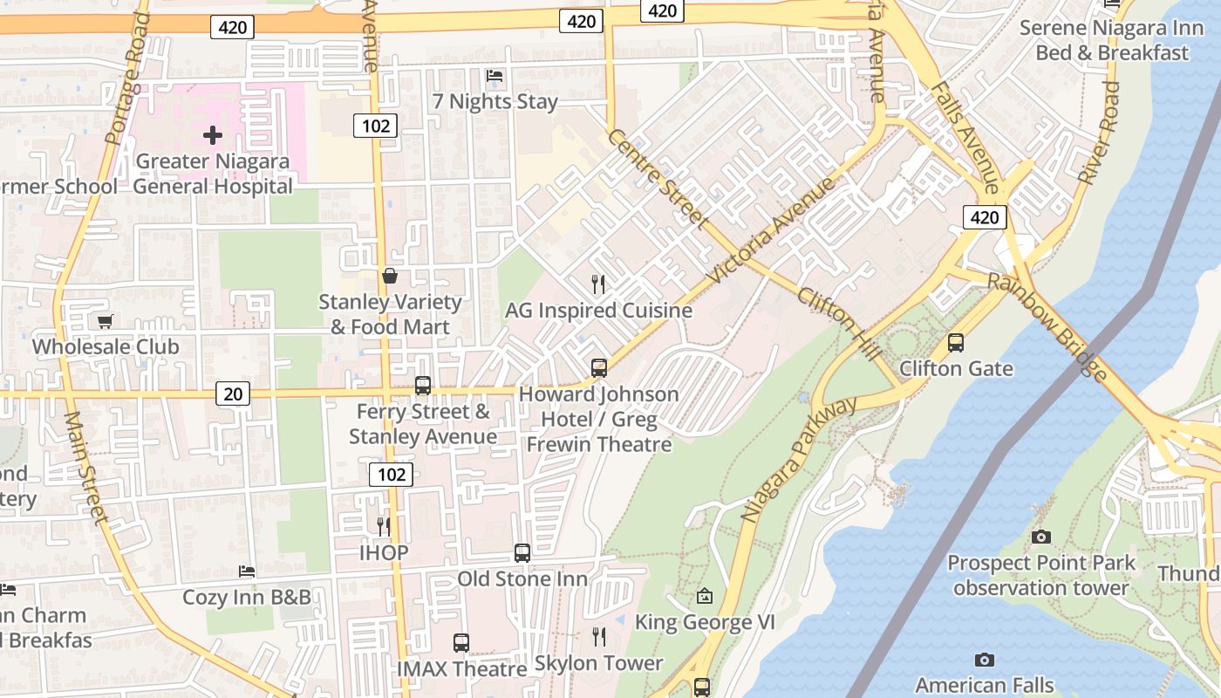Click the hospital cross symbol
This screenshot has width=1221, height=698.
[212, 135]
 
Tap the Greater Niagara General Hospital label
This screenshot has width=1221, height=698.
[212, 174]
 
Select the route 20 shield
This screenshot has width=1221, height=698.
[233, 394]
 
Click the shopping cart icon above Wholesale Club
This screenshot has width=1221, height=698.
[106, 322]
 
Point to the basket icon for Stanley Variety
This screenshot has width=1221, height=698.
[390, 277]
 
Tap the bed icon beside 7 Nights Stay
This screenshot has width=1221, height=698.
[495, 76]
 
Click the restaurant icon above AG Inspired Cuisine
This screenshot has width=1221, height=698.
[598, 284]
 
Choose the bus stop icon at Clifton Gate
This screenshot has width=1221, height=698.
[956, 343]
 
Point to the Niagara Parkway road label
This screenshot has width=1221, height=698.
[799, 460]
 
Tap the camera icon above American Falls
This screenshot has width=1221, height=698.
[985, 660]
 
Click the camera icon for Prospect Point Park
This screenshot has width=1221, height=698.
[1041, 537]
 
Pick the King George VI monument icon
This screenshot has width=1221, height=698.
[705, 597]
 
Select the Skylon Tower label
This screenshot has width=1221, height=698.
[598, 663]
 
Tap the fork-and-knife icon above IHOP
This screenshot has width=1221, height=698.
[383, 526]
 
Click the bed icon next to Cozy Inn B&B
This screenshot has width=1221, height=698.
[247, 571]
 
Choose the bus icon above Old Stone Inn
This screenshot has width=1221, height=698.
[522, 552]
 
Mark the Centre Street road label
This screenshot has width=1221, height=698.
[658, 179]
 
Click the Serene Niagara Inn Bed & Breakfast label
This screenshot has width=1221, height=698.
[1111, 40]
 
